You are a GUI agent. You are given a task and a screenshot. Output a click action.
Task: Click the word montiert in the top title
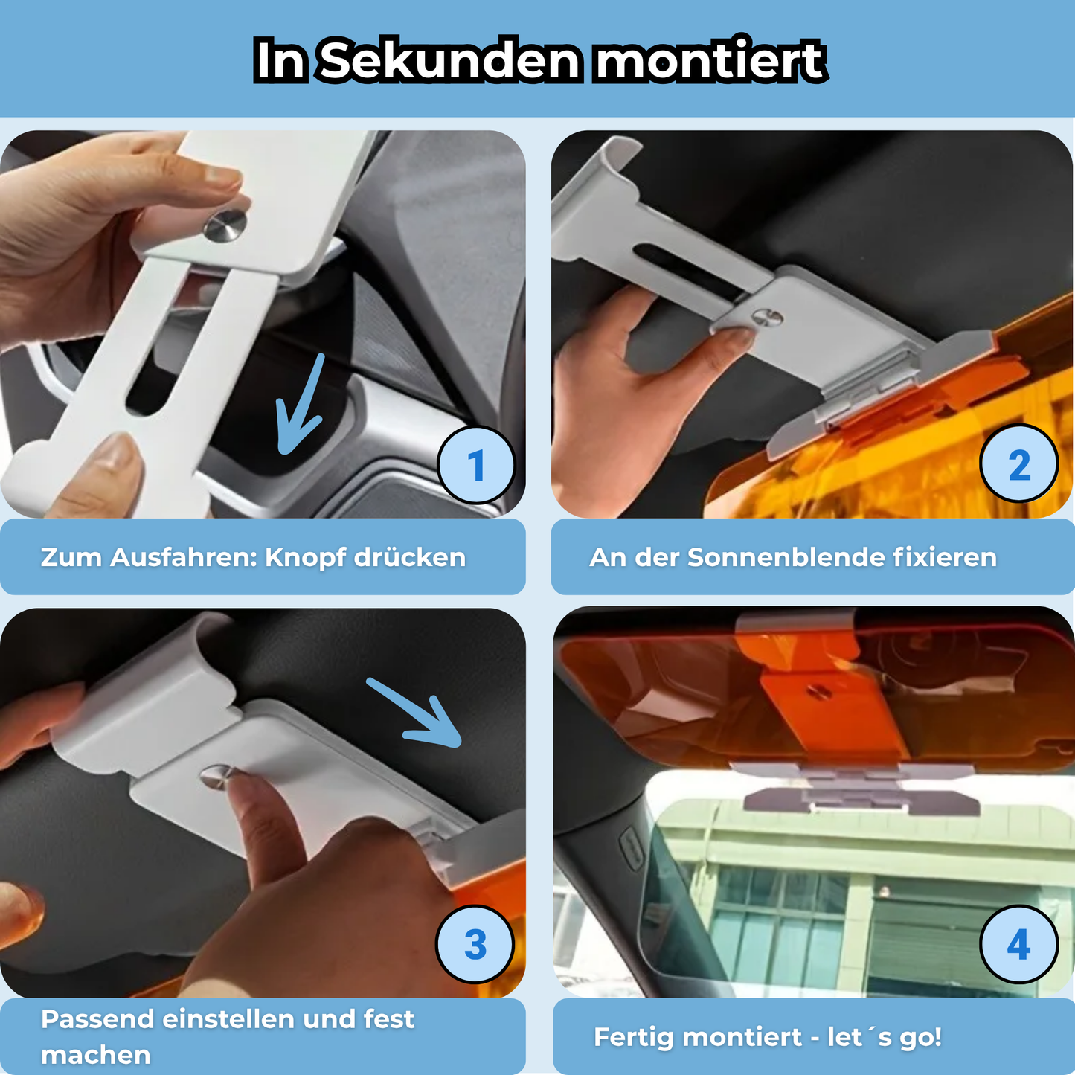[710, 60]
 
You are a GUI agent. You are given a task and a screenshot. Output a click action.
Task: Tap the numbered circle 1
[476, 466]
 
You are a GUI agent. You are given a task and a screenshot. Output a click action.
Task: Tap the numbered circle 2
[1019, 466]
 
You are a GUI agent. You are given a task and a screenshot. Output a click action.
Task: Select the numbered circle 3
[475, 945]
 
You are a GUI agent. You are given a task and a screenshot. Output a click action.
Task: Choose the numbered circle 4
[1018, 945]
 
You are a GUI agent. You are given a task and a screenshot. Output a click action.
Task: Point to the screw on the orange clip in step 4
[820, 692]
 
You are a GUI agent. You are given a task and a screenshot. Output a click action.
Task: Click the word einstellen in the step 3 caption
[229, 1019]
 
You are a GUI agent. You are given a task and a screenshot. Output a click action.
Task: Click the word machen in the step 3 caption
[95, 1055]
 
